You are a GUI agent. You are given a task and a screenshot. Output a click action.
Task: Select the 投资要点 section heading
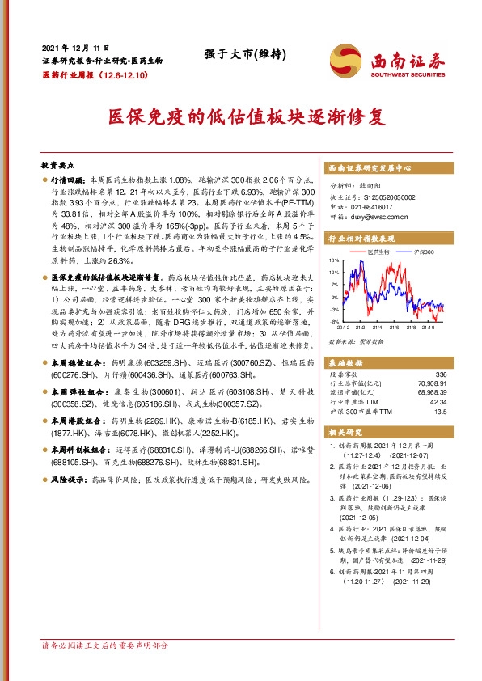[59, 163]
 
